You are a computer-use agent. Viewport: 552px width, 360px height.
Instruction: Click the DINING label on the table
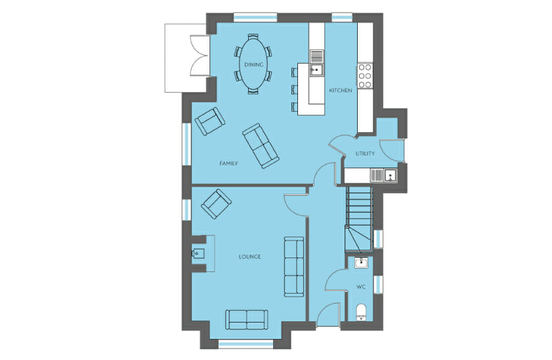[x=253, y=64]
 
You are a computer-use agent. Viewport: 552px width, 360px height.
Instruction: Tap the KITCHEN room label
[x=341, y=91]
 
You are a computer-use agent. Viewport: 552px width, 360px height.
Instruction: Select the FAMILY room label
[x=228, y=164]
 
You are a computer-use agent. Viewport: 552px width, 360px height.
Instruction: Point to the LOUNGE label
[x=250, y=257]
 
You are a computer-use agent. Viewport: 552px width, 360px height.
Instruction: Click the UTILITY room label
[x=365, y=154]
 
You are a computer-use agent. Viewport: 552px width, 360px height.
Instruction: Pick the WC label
[x=361, y=287]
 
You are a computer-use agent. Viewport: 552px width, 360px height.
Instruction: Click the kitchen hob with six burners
[x=365, y=76]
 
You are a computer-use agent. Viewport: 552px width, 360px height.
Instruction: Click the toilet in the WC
[x=361, y=313]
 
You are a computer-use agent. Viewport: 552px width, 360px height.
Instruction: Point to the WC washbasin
[x=361, y=263]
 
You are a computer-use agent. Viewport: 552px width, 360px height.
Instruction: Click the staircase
[x=358, y=219]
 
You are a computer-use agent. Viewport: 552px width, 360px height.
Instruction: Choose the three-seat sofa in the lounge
[x=294, y=267]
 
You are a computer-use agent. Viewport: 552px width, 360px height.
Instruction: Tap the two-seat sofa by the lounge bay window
[x=246, y=320]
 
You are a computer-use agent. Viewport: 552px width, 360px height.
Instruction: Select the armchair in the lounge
[x=216, y=204]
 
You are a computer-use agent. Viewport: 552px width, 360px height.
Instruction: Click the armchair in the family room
[x=210, y=121]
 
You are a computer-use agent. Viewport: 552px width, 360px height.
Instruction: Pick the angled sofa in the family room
[x=261, y=145]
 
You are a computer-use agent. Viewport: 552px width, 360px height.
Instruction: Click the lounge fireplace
[x=203, y=254]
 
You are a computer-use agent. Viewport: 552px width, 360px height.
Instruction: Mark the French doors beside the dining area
[x=200, y=55]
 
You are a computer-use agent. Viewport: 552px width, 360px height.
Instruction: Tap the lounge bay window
[x=246, y=344]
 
